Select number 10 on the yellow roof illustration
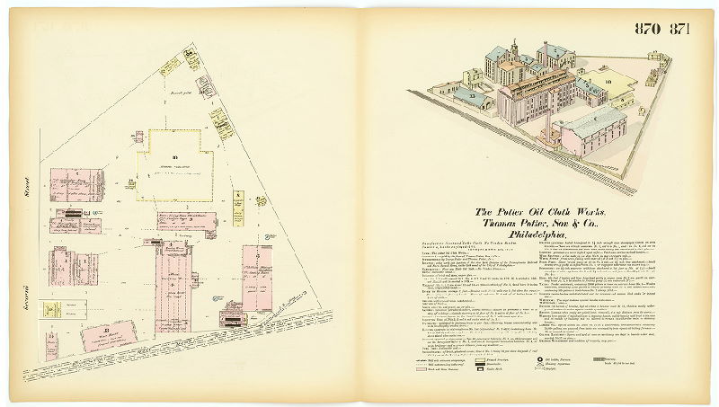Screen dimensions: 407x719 (x=607, y=83)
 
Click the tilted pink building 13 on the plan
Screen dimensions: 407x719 (x=109, y=337)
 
